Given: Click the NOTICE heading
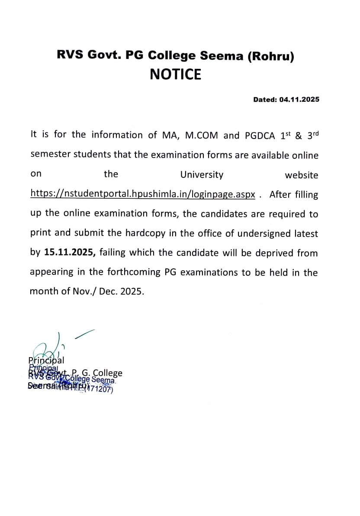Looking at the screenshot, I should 175,74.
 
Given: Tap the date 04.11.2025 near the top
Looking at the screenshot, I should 299,100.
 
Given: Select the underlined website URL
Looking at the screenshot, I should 143,194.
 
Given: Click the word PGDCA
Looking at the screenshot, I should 260,135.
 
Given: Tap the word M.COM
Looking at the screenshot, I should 202,135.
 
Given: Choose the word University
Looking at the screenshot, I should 202,175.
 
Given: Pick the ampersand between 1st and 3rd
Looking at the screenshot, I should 298,135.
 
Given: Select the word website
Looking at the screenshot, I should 301,175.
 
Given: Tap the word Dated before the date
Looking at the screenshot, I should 264,100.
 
